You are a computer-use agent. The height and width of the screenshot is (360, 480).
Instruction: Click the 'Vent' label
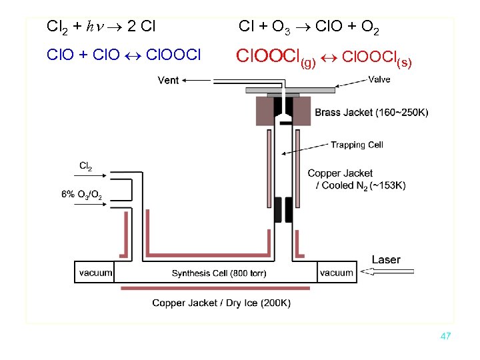[168, 80]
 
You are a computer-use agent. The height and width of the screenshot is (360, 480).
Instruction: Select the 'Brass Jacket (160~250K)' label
[371, 112]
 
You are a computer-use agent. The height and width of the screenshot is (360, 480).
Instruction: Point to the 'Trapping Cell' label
[357, 145]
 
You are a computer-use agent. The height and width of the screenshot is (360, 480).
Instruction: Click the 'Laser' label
[386, 259]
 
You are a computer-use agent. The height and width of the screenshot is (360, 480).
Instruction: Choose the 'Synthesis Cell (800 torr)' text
[215, 273]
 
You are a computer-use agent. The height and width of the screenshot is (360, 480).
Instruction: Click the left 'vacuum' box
[95, 272]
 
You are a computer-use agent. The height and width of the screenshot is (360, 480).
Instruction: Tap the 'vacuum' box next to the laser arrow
[336, 272]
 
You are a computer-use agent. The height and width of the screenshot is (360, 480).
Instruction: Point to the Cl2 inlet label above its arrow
[86, 166]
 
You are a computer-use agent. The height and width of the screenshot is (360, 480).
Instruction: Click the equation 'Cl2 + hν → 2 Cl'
[101, 27]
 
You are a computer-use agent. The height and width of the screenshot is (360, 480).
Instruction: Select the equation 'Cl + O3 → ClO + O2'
[309, 27]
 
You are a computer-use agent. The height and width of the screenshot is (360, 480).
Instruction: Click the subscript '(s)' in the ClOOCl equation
[404, 63]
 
